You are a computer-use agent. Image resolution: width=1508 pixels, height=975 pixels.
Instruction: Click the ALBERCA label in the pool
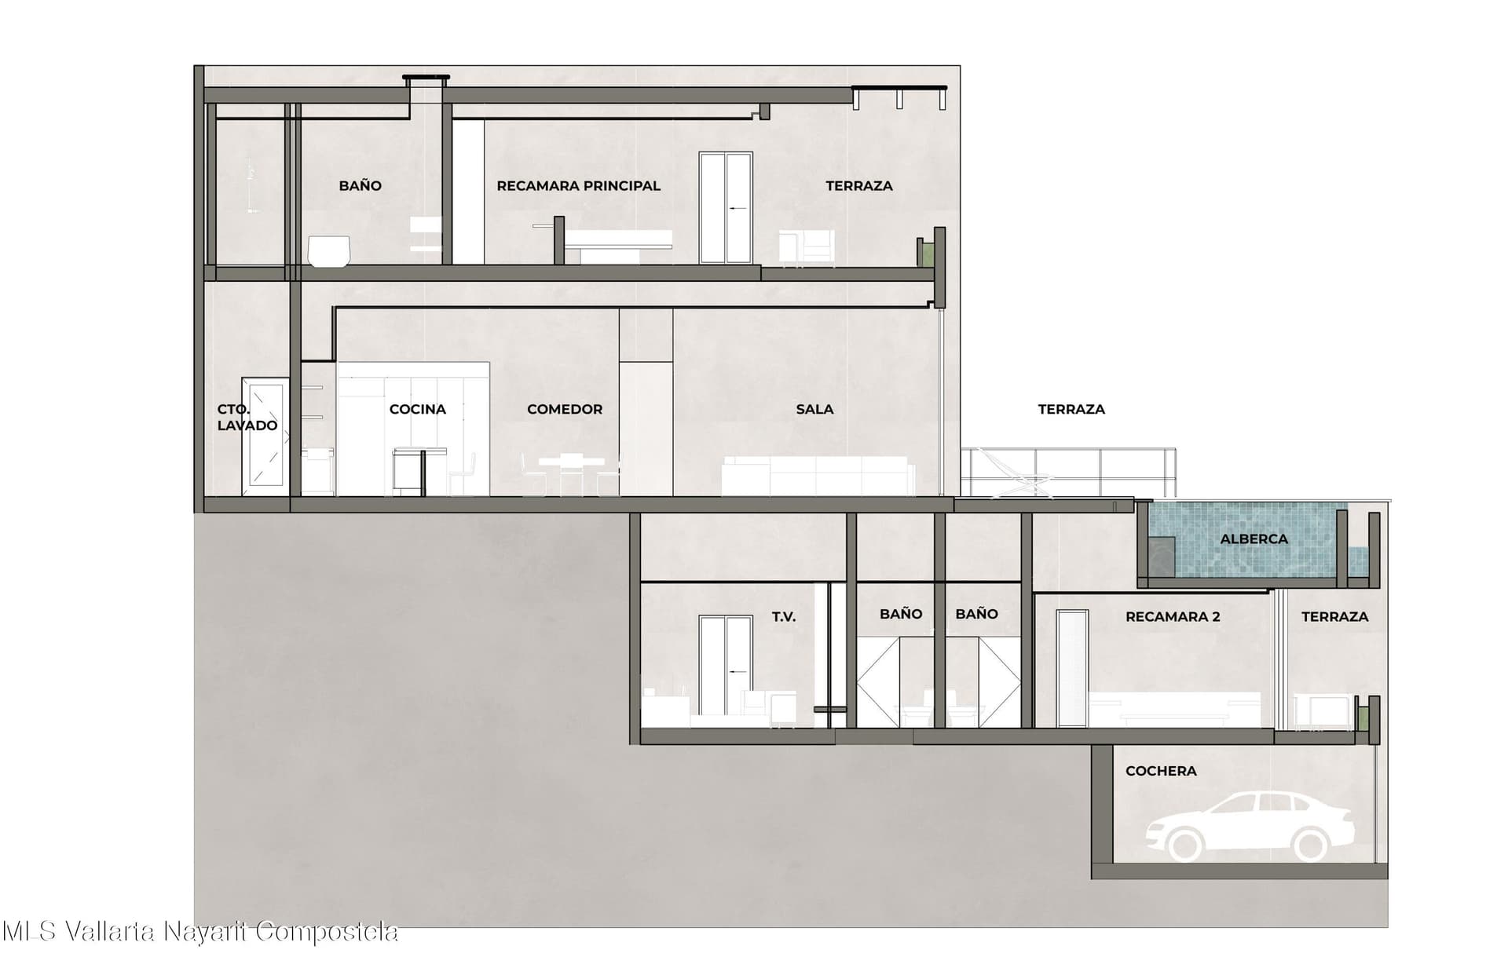pos(1254,539)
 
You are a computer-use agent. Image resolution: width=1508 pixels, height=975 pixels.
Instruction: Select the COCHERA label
pos(1161,771)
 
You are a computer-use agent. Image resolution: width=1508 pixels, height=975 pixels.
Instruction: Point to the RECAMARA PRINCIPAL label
pos(579,186)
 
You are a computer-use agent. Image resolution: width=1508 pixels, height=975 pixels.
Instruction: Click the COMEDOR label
pos(565,409)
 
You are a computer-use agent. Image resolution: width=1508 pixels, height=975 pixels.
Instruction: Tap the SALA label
pos(814,409)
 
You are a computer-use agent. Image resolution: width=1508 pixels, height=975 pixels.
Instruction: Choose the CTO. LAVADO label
pos(247,418)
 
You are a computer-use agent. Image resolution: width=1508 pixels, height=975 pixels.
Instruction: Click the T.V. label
pos(784,617)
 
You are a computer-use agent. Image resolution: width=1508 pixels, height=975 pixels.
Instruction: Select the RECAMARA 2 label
pos(1173,617)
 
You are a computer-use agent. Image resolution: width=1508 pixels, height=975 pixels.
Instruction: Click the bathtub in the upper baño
pos(329,251)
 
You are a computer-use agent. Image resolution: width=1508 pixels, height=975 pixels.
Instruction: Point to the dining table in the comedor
pos(571,474)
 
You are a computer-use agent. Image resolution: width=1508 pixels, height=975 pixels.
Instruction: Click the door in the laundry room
pos(265,436)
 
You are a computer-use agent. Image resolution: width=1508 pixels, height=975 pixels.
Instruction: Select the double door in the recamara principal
pos(727,207)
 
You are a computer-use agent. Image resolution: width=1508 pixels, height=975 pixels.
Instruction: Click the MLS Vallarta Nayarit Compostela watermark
pos(200,932)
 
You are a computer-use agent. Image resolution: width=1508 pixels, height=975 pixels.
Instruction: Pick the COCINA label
pos(418,409)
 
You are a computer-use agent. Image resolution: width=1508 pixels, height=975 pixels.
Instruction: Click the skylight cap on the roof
pos(426,78)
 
